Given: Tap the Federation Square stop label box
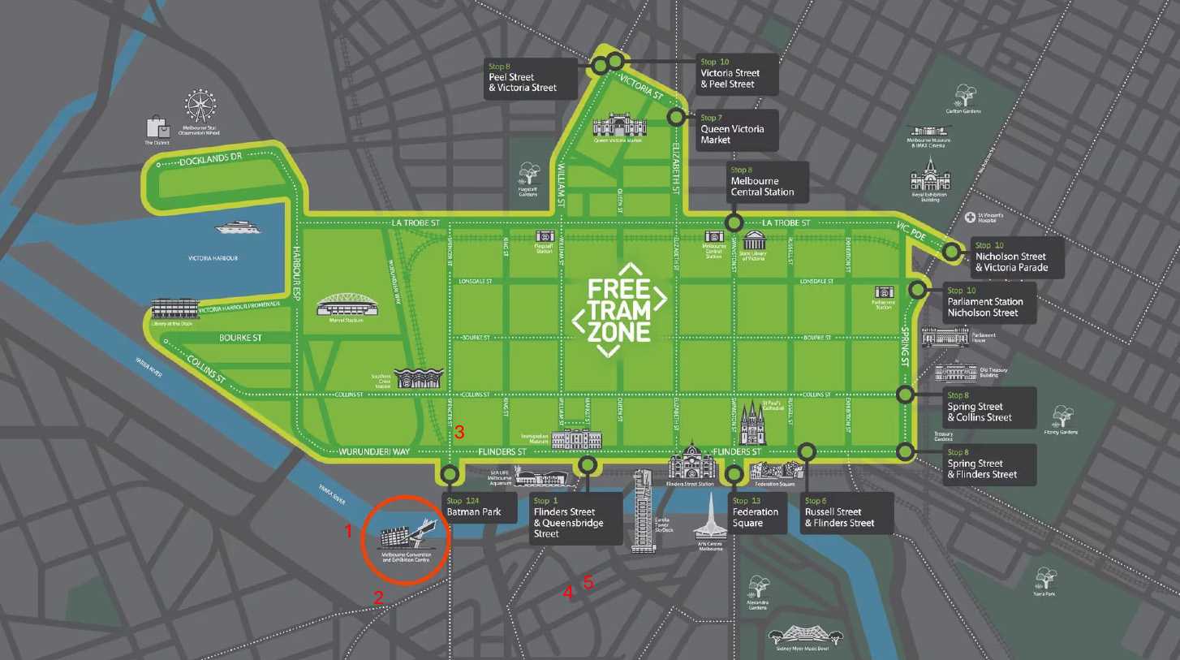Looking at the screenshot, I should [x=757, y=512].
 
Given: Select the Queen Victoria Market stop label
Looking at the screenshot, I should [x=736, y=129].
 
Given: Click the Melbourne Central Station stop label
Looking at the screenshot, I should [x=768, y=182].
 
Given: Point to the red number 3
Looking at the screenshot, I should [x=459, y=433].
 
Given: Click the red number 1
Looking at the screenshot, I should [x=349, y=532].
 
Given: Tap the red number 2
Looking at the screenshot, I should [x=378, y=597].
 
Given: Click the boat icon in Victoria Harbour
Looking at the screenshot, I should [x=238, y=227].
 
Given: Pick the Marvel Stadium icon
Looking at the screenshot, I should [x=347, y=304].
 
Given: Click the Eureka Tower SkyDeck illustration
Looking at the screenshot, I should [x=643, y=511].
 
